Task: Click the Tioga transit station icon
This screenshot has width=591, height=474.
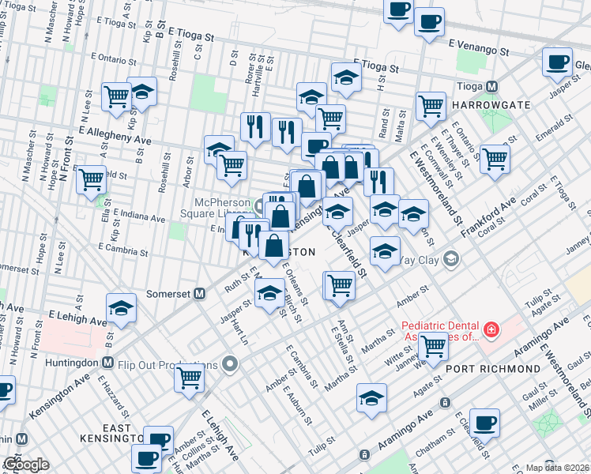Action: pyautogui.click(x=491, y=86)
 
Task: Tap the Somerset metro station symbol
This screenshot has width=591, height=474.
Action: pyautogui.click(x=200, y=293)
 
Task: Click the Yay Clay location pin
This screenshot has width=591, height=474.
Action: pyautogui.click(x=450, y=258)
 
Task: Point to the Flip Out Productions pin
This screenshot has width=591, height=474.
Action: pyautogui.click(x=230, y=365)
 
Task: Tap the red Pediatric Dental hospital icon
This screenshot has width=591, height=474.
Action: pyautogui.click(x=490, y=328)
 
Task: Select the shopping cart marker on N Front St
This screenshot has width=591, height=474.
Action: pyautogui.click(x=92, y=178)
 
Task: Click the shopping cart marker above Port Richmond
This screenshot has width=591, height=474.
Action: pyautogui.click(x=433, y=344)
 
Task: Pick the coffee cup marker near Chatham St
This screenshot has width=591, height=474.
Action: pyautogui.click(x=484, y=421)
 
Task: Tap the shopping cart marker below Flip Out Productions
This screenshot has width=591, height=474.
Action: pyautogui.click(x=190, y=377)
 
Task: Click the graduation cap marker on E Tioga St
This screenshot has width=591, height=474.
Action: pyautogui.click(x=346, y=77)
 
